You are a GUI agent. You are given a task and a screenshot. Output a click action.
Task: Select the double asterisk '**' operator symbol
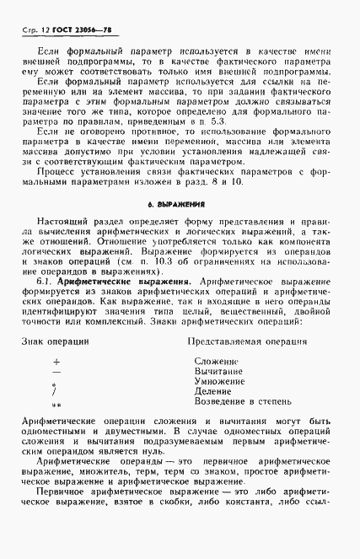coord(56,406)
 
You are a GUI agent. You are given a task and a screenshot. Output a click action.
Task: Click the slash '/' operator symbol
coord(55,392)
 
